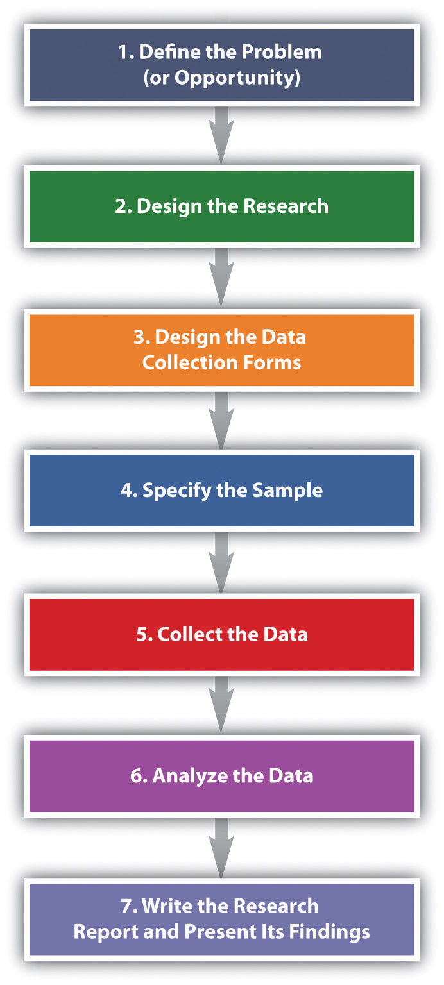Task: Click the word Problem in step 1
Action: point(282,52)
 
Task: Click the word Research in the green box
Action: point(286,206)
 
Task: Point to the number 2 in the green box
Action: point(121,206)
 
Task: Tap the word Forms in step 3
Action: point(272,363)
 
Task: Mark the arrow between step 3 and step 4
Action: point(221,421)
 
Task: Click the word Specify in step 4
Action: point(177,491)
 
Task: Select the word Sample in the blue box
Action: point(287,491)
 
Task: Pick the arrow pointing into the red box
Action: point(221,563)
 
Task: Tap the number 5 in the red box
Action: point(142,634)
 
